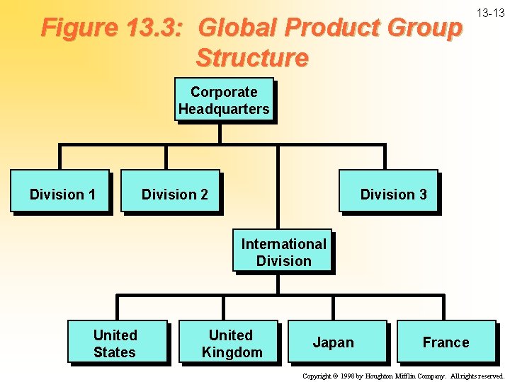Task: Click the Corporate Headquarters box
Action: point(224,100)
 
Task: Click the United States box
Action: point(117,342)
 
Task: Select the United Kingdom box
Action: point(229,342)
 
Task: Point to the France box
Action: point(446,342)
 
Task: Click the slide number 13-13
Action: point(490,13)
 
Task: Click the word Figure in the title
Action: point(79,28)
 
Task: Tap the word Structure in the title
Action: point(252,57)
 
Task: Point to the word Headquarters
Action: point(224,109)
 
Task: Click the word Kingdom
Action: point(232,352)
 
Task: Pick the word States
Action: point(115,352)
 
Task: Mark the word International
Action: point(283,244)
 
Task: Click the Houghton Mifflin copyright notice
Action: point(402,376)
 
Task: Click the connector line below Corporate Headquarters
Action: point(221,134)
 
